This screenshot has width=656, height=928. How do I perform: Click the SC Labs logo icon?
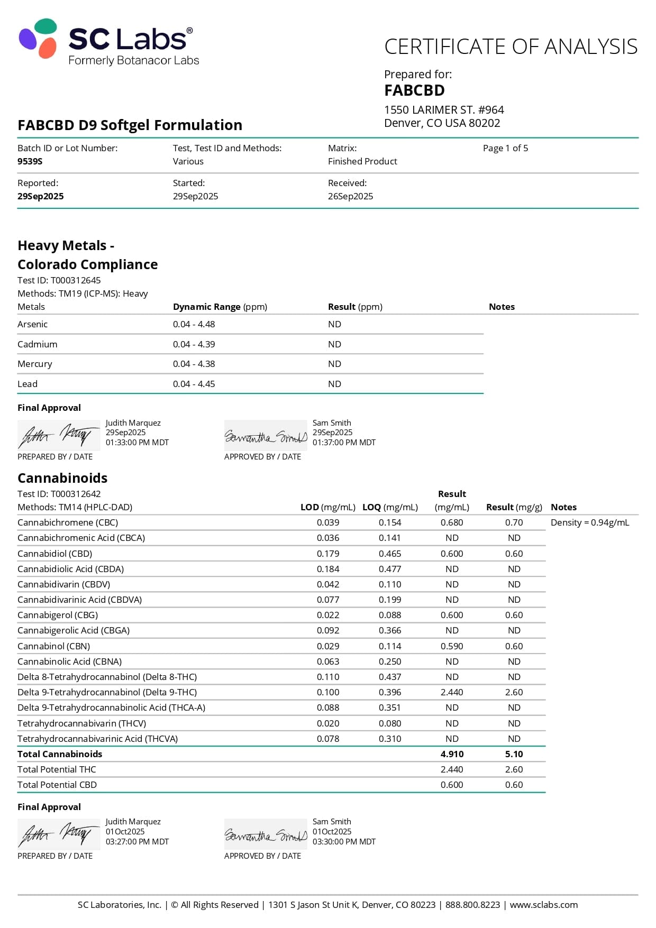[x=38, y=38]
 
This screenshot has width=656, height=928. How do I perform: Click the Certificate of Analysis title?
[x=511, y=47]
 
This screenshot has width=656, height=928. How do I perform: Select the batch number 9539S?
[x=30, y=161]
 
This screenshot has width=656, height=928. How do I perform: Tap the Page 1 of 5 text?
[x=505, y=148]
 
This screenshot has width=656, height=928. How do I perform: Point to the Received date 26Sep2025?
[x=350, y=196]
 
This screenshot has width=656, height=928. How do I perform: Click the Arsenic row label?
[x=32, y=324]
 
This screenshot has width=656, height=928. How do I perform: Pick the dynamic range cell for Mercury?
[x=194, y=364]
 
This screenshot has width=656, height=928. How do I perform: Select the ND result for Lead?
[x=334, y=384]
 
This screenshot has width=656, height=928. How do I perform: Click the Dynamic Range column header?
[x=220, y=307]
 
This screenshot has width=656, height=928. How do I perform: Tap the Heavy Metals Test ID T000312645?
[x=59, y=280]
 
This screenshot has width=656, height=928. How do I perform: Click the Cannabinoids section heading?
[x=62, y=478]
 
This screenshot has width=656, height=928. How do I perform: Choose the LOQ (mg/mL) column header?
[x=390, y=507]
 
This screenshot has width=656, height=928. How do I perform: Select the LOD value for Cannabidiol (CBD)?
[x=328, y=554]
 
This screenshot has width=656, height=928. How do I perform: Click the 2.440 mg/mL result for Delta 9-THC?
[x=452, y=692]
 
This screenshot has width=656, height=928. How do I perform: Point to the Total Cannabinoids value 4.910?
[x=452, y=754]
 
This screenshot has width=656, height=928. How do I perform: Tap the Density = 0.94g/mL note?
[x=590, y=522]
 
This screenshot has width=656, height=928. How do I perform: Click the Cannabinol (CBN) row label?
[x=53, y=646]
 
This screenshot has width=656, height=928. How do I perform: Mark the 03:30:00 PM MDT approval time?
[x=344, y=841]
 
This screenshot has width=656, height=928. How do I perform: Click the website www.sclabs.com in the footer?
[x=543, y=905]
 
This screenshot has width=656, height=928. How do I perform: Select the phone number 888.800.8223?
[x=472, y=905]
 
